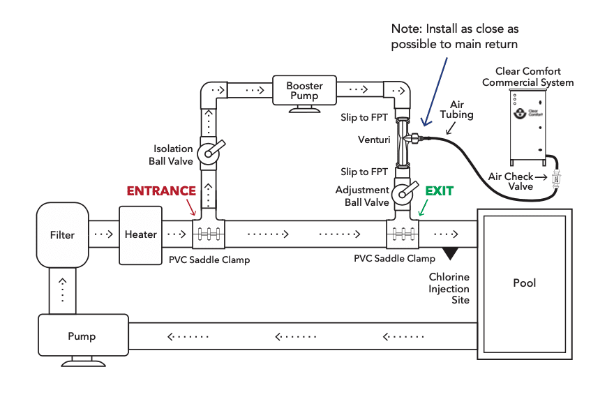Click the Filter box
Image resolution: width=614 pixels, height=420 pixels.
(x=63, y=235)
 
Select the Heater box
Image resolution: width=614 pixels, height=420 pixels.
(x=140, y=235)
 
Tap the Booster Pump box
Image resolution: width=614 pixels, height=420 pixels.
(x=304, y=91)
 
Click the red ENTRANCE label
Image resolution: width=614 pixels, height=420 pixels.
(x=161, y=191)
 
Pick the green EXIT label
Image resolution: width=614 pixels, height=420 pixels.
(x=440, y=191)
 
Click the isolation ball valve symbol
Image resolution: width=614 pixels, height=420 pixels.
(x=210, y=152)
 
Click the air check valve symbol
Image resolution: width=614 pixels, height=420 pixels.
(x=556, y=178)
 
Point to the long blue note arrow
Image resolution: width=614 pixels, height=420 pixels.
(x=435, y=92)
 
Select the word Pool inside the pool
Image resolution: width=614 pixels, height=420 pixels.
(x=524, y=283)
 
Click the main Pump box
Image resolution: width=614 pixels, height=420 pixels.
(x=84, y=335)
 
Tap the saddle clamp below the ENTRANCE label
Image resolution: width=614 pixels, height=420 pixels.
(x=209, y=234)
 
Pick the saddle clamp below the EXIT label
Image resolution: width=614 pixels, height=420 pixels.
(x=403, y=234)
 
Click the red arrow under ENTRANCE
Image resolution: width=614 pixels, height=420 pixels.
(x=191, y=207)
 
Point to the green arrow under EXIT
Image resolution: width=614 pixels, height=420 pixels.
(x=423, y=208)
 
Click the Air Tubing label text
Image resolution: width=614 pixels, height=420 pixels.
(x=456, y=110)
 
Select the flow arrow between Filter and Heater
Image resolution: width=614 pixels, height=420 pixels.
(x=104, y=234)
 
